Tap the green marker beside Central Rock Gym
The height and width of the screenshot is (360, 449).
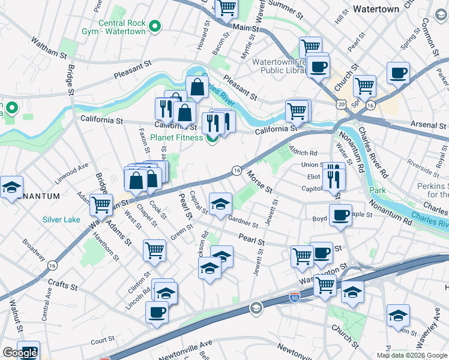coord(155,26)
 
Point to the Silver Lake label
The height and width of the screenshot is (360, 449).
coord(61,220)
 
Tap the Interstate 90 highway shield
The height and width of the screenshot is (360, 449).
coord(294,297)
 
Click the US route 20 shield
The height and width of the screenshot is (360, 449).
coord(340,105)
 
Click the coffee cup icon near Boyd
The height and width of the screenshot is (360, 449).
coord(341,214)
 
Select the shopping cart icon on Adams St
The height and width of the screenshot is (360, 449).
coord(101,204)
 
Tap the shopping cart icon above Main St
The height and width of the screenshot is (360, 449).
coord(226,8)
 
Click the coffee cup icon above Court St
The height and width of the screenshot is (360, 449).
coord(157,311)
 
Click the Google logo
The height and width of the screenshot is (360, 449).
coord(19,353)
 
